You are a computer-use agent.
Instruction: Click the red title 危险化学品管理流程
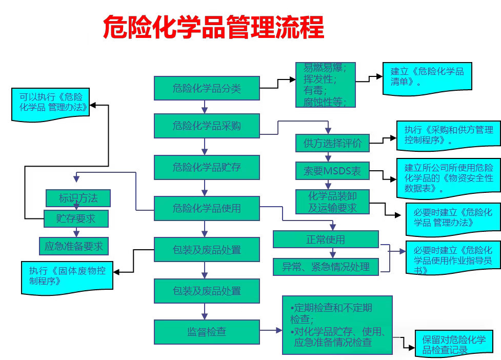tap(213, 27)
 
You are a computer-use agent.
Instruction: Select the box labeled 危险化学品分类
tap(207, 88)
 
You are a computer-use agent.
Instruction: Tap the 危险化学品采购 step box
tap(207, 126)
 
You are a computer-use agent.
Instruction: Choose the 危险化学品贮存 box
tap(207, 167)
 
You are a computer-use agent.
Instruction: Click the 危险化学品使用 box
tap(207, 208)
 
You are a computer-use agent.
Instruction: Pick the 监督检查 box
tap(207, 332)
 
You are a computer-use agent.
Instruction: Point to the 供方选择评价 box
tap(332, 143)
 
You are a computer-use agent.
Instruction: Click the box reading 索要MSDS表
tap(332, 171)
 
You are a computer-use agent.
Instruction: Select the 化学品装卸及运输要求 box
tap(332, 202)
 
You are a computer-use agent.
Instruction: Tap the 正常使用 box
tap(326, 239)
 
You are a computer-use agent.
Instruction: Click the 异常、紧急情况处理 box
tap(326, 266)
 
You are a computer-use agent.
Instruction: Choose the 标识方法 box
tap(78, 197)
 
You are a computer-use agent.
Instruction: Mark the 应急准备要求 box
tap(74, 246)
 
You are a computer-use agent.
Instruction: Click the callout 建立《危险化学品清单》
tap(427, 77)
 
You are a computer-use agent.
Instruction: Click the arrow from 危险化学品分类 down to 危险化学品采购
tap(205, 107)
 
